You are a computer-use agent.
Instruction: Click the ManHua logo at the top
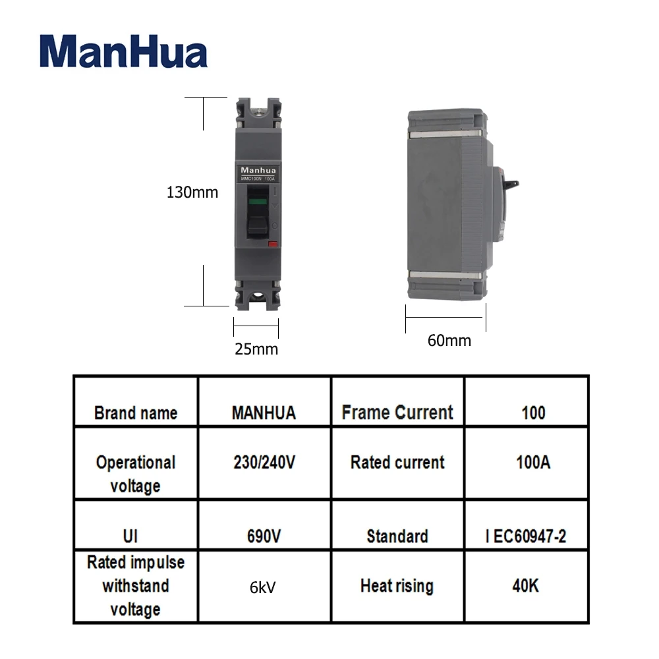[123, 52]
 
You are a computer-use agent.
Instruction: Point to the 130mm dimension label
[192, 192]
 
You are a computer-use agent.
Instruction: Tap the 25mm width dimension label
[256, 349]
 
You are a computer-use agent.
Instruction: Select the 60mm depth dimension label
[449, 340]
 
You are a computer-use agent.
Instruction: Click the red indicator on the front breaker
[272, 245]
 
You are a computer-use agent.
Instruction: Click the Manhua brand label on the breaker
[256, 170]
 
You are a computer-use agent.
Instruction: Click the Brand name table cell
[136, 413]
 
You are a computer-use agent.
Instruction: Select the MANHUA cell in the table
[264, 413]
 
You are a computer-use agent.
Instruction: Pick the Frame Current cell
[397, 413]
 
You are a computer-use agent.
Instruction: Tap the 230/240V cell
[264, 462]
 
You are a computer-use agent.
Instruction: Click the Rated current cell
[397, 462]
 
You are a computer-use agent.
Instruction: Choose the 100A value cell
[532, 462]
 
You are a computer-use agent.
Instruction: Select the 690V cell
[264, 536]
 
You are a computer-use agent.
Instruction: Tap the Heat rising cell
[397, 585]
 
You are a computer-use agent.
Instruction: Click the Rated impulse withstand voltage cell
[136, 586]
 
